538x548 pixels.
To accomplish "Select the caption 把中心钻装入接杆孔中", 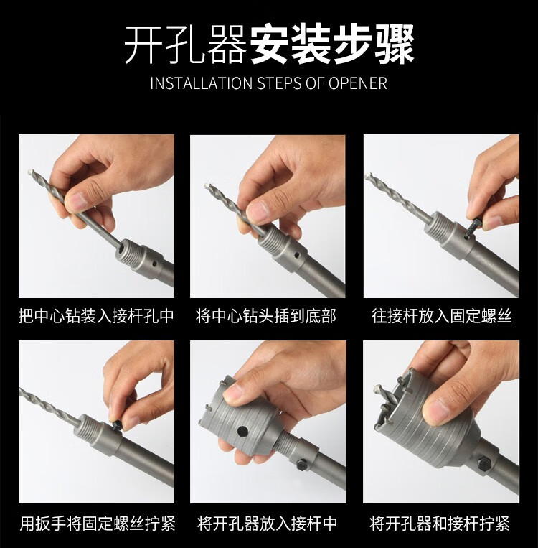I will click(96, 317).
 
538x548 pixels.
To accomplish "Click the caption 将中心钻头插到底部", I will click(267, 317).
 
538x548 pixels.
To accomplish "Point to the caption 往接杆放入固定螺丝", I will click(441, 317).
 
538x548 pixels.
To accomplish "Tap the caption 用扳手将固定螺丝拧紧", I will click(97, 523).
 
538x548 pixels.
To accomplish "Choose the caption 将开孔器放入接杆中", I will click(267, 523).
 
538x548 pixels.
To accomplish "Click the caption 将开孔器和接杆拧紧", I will click(440, 523).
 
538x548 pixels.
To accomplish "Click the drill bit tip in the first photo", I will click(30, 172).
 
